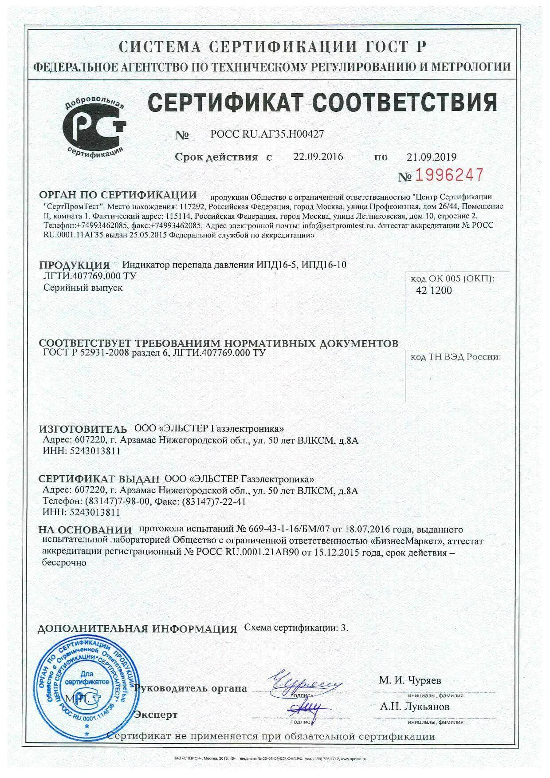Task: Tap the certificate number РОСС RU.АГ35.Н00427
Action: (267, 134)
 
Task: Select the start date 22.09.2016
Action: (318, 157)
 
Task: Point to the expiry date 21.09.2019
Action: (431, 157)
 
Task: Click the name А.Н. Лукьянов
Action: (414, 707)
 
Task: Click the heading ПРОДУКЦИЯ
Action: (75, 265)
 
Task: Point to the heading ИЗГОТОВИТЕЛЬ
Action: (83, 429)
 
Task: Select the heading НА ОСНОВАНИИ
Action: (85, 529)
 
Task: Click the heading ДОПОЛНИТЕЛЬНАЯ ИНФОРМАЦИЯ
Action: (137, 629)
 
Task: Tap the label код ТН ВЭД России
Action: (455, 356)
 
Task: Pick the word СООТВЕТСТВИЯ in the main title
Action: (403, 102)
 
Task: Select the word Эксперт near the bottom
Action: (156, 715)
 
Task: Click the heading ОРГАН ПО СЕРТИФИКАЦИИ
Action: (118, 195)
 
